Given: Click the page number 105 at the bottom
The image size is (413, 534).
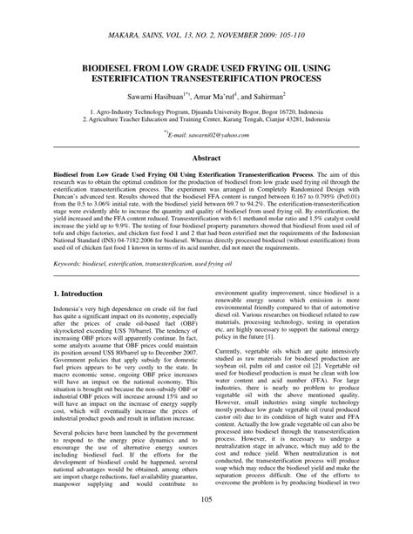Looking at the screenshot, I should click(x=206, y=523).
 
